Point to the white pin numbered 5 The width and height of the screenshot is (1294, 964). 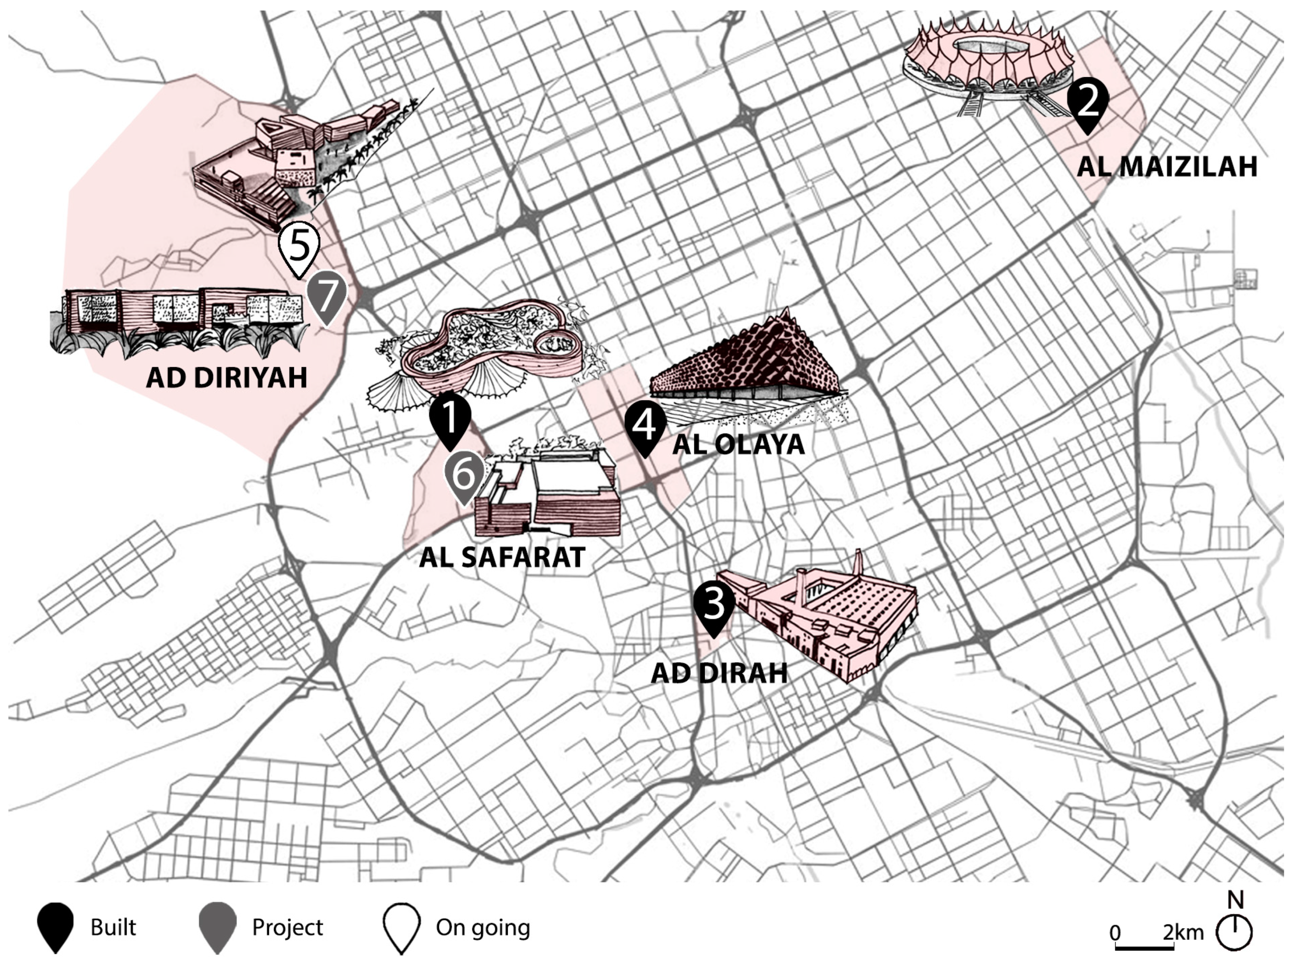(299, 246)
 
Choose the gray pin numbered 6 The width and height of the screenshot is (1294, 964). (465, 475)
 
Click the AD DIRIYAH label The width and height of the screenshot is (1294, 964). (226, 377)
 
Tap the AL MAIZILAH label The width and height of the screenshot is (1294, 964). (1167, 166)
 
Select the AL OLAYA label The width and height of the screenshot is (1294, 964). (739, 445)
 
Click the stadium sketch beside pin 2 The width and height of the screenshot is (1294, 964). (986, 70)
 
